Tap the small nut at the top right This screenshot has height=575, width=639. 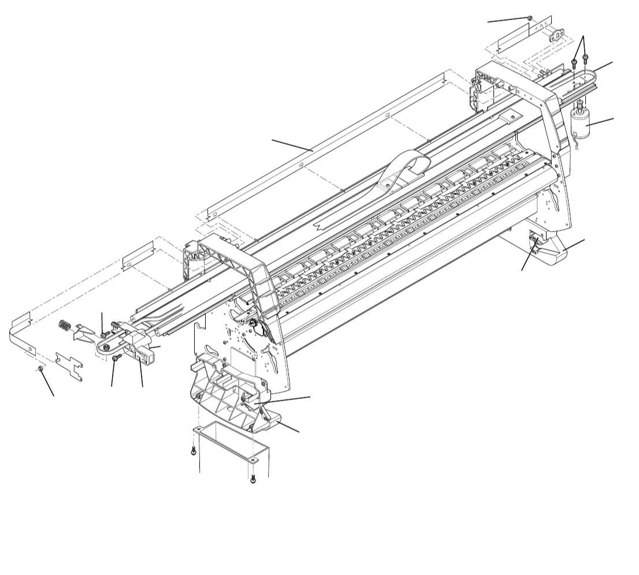coord(530,18)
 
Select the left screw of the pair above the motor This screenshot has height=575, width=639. coord(574,62)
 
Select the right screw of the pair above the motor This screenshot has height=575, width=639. coord(585,58)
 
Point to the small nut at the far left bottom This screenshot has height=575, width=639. coord(40,368)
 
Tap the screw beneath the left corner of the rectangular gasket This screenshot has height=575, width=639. coord(194,451)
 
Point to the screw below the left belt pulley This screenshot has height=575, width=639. coord(116,359)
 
